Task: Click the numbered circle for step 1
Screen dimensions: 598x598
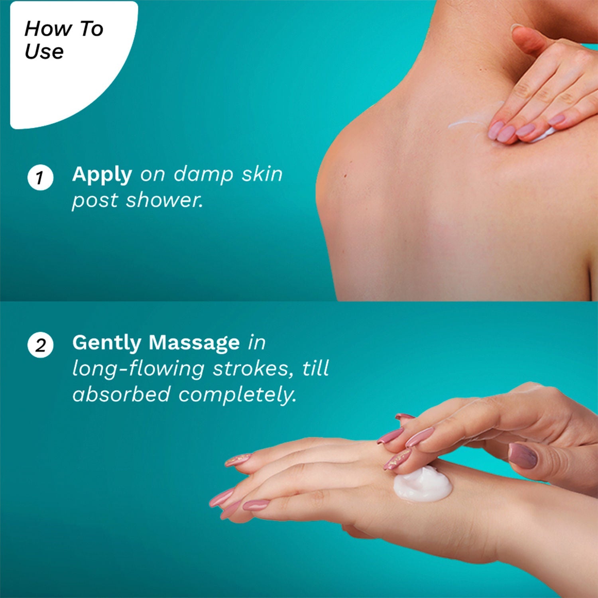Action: [x=40, y=177]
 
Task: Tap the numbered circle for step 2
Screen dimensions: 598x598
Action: [x=40, y=345]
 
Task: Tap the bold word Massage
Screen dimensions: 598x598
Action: [x=194, y=342]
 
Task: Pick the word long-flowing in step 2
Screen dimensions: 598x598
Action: [x=138, y=369]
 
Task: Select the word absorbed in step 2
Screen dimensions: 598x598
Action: [x=122, y=394]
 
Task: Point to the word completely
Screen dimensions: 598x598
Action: [x=237, y=395]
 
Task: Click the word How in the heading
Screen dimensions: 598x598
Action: [x=48, y=29]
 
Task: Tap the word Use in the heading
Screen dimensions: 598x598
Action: [x=44, y=51]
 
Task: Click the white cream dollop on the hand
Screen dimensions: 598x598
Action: [x=423, y=484]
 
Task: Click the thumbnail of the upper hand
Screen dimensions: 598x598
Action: [x=523, y=456]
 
